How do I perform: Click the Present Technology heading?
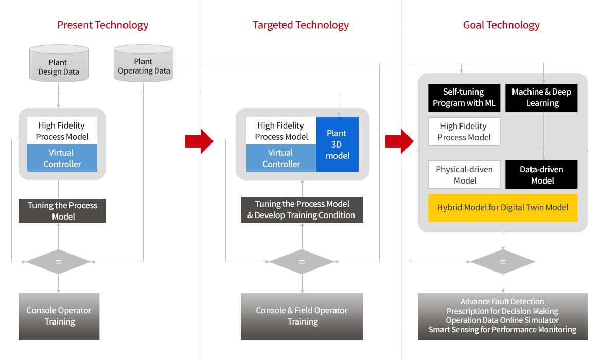[x=102, y=25]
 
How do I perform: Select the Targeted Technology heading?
[x=300, y=25]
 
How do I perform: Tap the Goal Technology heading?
[x=501, y=25]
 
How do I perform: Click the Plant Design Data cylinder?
[x=59, y=63]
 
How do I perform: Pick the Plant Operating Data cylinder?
[x=144, y=63]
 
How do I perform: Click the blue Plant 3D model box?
[x=338, y=145]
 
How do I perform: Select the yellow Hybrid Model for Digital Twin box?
[x=503, y=208]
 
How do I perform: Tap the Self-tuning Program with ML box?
[x=464, y=98]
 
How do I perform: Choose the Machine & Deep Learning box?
[x=541, y=98]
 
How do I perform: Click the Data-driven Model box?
[x=541, y=175]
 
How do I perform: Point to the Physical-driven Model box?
[x=464, y=175]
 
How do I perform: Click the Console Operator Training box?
[x=59, y=317]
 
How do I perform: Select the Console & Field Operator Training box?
[x=302, y=317]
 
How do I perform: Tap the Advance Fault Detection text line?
[x=502, y=302]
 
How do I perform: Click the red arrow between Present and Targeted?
[x=199, y=141]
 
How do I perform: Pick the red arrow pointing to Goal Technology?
[x=399, y=141]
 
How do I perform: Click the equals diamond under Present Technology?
[x=58, y=262]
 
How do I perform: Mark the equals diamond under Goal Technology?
[x=503, y=262]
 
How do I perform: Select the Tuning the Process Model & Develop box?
[x=302, y=210]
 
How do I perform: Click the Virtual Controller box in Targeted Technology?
[x=281, y=158]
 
